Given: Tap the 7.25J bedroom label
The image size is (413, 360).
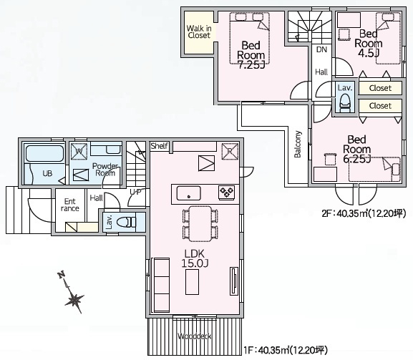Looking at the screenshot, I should tap(251, 54).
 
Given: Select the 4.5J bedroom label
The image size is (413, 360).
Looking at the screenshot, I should tap(368, 42).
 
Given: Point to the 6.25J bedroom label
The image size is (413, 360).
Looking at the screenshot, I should tap(356, 149).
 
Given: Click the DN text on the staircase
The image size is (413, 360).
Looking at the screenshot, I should tap(321, 49).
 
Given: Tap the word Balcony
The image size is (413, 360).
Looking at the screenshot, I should tap(297, 144).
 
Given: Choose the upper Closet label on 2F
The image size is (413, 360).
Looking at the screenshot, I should tap(380, 88).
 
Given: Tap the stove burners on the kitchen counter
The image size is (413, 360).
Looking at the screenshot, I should tap(227, 191).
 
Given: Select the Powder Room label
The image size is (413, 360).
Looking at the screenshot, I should tap(105, 170).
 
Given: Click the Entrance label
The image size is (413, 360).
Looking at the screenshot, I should tap(70, 205).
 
